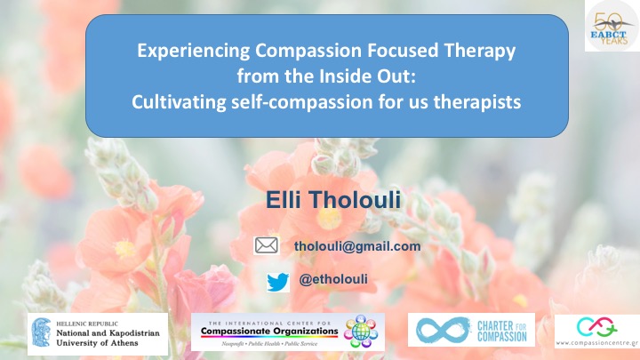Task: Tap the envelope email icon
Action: (x=267, y=246)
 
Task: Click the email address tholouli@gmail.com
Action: (x=356, y=246)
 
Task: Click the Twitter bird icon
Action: (x=278, y=281)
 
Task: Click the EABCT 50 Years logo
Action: (x=610, y=27)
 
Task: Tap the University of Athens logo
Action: (x=98, y=332)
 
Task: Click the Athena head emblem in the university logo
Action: (x=41, y=332)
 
